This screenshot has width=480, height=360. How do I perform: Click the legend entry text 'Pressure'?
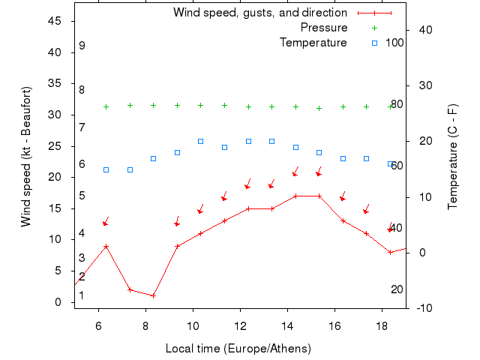323,28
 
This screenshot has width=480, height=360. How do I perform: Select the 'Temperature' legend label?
313,43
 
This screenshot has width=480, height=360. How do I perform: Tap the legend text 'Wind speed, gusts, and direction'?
259,13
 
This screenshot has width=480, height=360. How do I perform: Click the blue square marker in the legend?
374,43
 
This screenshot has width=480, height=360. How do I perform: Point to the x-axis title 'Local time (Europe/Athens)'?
238,349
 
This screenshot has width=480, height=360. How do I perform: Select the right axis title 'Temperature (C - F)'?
453,156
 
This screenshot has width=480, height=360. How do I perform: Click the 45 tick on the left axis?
55,21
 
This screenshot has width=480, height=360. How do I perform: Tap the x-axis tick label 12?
240,325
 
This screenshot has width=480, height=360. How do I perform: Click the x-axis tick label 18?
382,325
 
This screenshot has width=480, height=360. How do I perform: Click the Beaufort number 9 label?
82,46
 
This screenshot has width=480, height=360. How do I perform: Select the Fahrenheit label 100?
394,43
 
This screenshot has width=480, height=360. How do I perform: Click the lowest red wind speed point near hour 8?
153,295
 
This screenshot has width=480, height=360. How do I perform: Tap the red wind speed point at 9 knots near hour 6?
106,246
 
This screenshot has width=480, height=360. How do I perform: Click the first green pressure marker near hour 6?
106,106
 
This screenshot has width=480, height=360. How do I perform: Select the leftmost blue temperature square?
106,169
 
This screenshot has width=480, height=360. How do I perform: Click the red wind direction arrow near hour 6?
106,222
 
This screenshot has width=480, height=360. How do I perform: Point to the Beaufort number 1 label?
81,295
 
